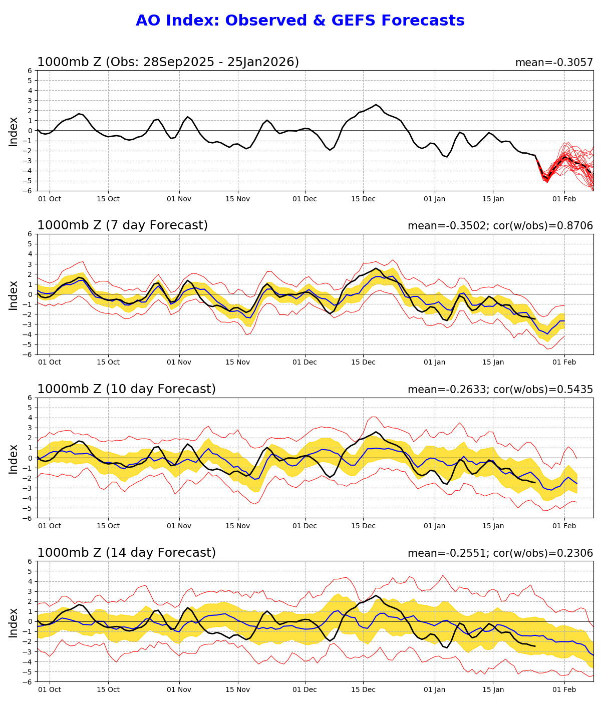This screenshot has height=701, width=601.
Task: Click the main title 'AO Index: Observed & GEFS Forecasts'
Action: tap(300, 21)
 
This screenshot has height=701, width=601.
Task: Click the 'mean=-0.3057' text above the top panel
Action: tap(554, 63)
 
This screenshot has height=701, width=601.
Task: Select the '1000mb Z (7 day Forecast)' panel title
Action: tap(122, 226)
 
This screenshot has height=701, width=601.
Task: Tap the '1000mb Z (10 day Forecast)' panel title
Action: tap(126, 390)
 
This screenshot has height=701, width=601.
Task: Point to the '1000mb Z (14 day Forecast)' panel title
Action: tap(126, 553)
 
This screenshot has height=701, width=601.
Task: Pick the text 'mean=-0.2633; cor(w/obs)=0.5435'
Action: tap(500, 390)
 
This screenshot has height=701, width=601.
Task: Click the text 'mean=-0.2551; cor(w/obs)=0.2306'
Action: tap(500, 553)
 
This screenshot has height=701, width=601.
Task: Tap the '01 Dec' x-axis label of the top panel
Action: tap(305, 199)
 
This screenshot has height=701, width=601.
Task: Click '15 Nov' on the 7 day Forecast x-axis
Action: tap(237, 362)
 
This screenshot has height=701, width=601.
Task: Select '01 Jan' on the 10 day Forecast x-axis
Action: tap(434, 526)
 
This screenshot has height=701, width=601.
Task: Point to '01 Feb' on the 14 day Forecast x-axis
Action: tap(564, 689)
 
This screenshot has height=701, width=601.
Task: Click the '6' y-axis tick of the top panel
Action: tap(30, 71)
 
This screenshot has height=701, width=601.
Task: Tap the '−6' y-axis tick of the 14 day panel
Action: tap(28, 681)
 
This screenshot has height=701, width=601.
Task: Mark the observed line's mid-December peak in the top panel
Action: tap(376, 105)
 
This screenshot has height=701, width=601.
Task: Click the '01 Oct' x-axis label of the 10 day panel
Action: tap(50, 526)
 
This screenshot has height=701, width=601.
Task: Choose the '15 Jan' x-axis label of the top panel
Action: tap(493, 199)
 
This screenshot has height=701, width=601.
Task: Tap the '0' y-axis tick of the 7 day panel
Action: tap(30, 294)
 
